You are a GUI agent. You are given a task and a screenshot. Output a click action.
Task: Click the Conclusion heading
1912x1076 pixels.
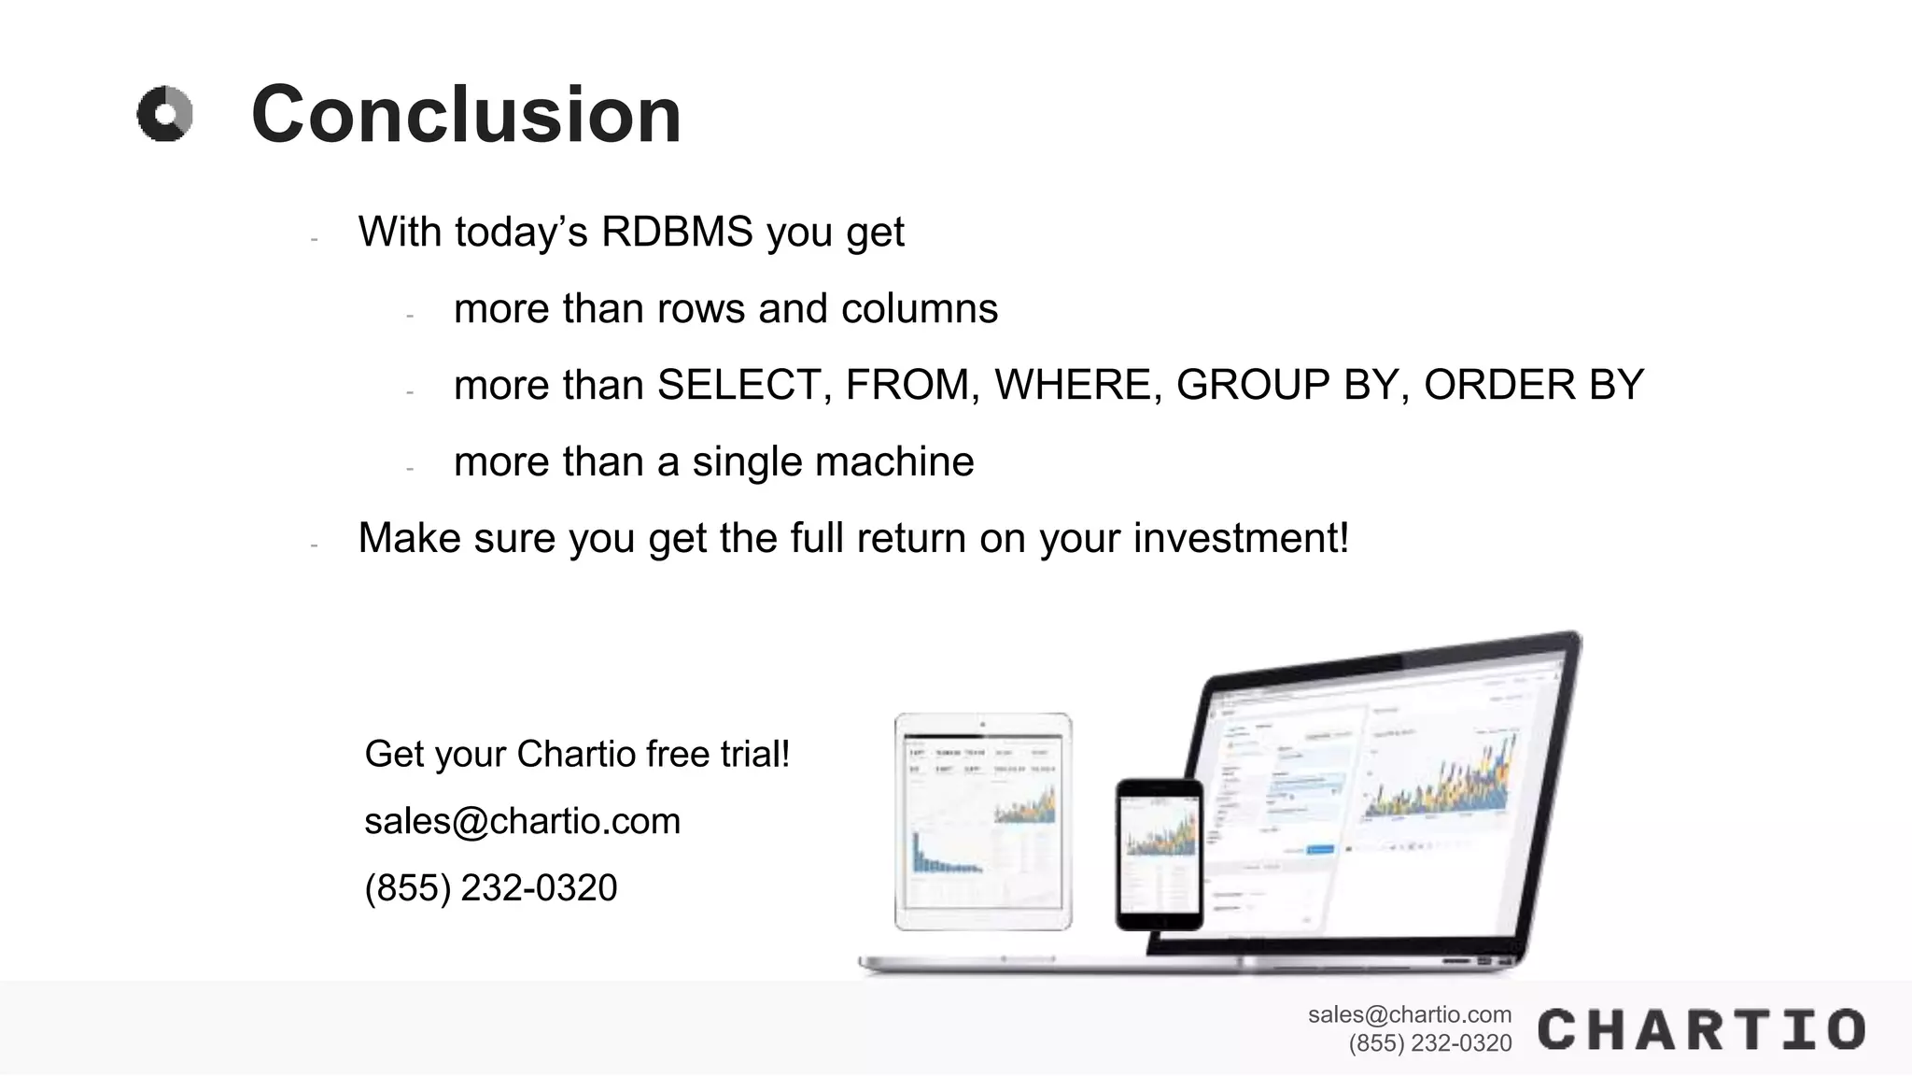point(466,115)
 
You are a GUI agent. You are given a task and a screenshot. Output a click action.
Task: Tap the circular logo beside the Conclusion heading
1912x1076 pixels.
point(165,114)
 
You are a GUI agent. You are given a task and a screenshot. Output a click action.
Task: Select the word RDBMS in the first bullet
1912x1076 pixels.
point(676,232)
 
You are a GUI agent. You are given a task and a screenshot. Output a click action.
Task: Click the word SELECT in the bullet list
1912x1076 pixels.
point(738,385)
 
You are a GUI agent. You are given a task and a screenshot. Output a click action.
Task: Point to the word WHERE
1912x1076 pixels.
point(1072,385)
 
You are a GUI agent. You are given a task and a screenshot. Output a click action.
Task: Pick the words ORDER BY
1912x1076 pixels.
point(1533,385)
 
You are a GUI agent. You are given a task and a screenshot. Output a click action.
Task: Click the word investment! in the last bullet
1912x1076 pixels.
point(1241,538)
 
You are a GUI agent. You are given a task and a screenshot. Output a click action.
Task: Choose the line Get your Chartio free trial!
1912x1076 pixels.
point(577,754)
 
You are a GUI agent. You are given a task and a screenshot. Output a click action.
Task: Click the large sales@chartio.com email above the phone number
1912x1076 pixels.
point(522,821)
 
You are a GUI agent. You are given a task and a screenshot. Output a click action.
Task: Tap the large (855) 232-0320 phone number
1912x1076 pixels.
point(491,887)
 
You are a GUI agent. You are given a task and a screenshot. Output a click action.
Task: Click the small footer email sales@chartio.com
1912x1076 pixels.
point(1409,1014)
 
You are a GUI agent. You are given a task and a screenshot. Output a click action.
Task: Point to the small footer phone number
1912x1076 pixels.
point(1429,1043)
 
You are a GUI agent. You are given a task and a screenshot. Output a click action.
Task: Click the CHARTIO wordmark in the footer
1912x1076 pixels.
point(1701,1029)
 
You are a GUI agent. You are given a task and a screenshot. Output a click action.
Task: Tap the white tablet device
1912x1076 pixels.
point(983,822)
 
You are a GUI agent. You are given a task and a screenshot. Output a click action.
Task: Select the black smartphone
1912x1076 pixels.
point(1160,855)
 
